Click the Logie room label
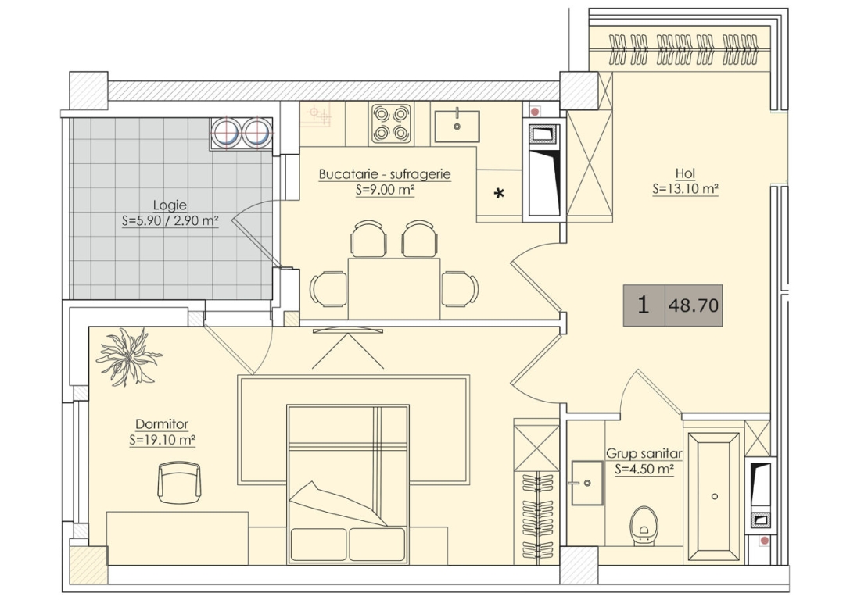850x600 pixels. click(170, 205)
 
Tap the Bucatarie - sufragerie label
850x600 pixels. click(385, 174)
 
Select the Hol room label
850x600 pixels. click(685, 173)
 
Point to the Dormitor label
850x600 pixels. click(162, 424)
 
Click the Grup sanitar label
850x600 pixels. click(644, 453)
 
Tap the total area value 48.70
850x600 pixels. click(694, 305)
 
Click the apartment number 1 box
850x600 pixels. click(644, 305)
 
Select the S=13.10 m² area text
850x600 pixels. click(685, 189)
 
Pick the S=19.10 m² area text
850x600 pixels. click(162, 440)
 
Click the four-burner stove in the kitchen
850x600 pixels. click(391, 123)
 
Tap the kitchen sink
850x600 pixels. click(457, 127)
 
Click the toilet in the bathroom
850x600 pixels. click(644, 525)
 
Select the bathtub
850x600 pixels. click(714, 496)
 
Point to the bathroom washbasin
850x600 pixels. click(586, 483)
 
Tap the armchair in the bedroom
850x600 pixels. click(179, 483)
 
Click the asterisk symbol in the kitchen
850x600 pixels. click(499, 193)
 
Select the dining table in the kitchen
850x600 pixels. click(393, 288)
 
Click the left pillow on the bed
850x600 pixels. click(318, 545)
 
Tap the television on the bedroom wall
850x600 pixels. click(348, 330)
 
